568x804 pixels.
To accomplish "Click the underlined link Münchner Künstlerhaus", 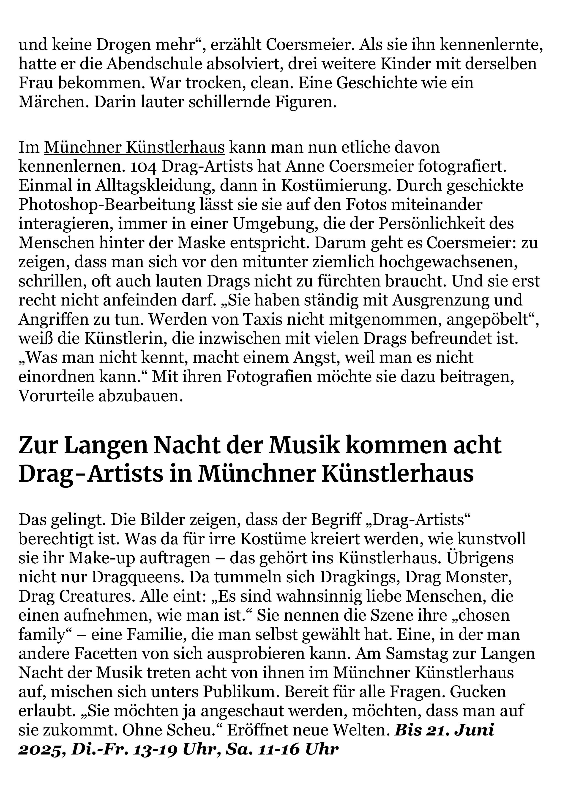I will (x=134, y=148).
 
